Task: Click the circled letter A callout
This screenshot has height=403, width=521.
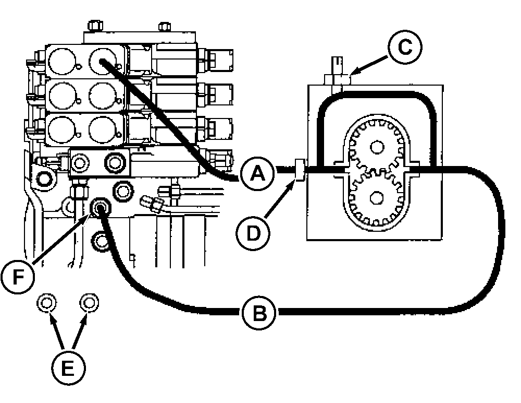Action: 256,173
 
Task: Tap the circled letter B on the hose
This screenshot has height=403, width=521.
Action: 259,313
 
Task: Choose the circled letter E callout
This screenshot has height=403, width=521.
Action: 68,368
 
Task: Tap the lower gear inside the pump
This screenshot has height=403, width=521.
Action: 375,197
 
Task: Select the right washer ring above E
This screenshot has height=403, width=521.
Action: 89,302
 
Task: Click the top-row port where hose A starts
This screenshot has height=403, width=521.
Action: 102,61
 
